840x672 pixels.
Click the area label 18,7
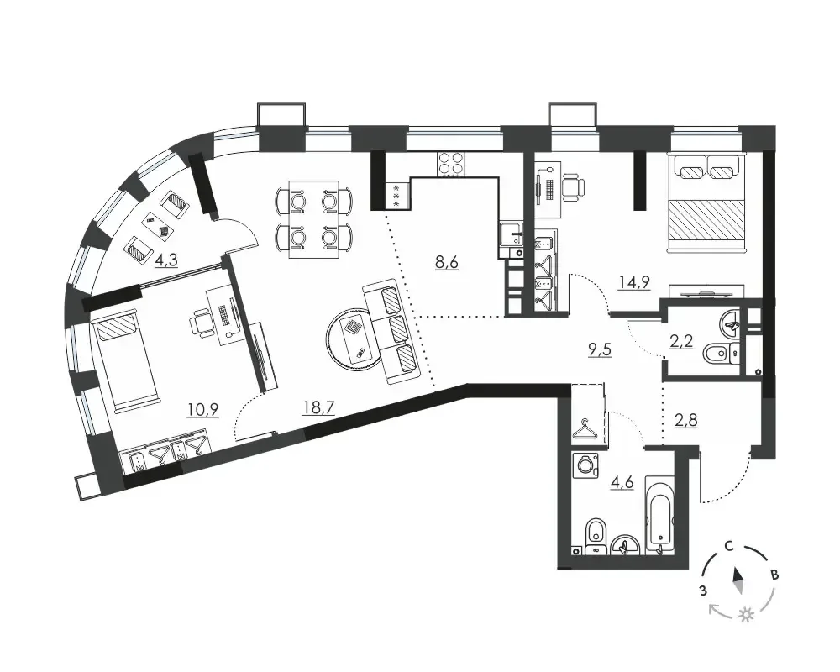(318, 407)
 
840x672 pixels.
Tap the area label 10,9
(202, 410)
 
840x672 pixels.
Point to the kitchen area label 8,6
(447, 263)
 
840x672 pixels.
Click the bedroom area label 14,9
(634, 282)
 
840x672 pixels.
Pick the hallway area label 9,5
(600, 350)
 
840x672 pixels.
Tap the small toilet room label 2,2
(682, 340)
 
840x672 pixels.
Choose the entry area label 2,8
(685, 420)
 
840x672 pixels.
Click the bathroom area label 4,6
(622, 482)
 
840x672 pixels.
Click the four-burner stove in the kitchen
(452, 164)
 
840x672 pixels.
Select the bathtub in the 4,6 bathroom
(660, 515)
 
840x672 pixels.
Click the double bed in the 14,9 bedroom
(706, 202)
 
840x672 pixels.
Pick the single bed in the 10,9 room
(125, 364)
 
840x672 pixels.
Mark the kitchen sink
(512, 234)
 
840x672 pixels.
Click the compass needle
(738, 581)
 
